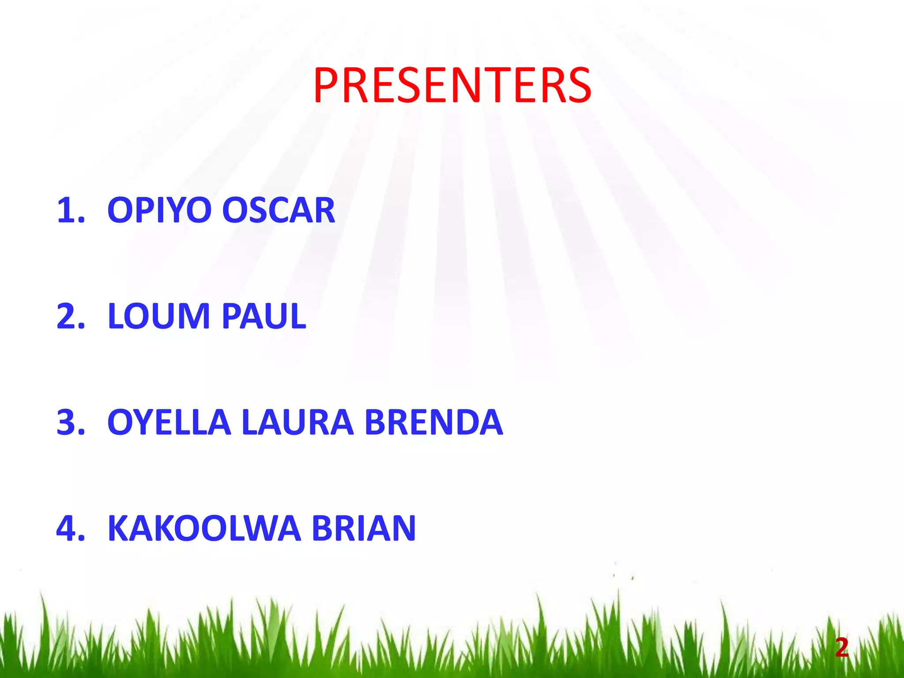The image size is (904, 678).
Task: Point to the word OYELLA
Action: [x=169, y=422]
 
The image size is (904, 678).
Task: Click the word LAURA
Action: [x=298, y=422]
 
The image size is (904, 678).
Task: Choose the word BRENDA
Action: [x=434, y=422]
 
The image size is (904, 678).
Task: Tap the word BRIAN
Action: [x=364, y=528]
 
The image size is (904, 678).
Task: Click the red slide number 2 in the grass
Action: [x=842, y=648]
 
